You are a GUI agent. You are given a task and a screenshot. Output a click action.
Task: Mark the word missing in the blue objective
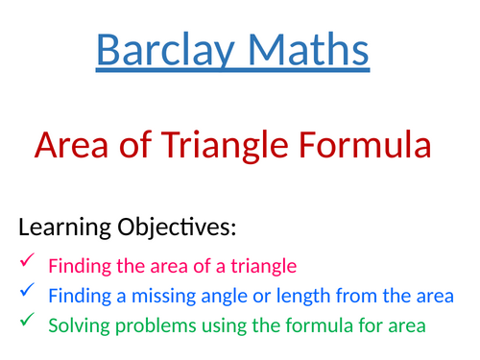(154, 296)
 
